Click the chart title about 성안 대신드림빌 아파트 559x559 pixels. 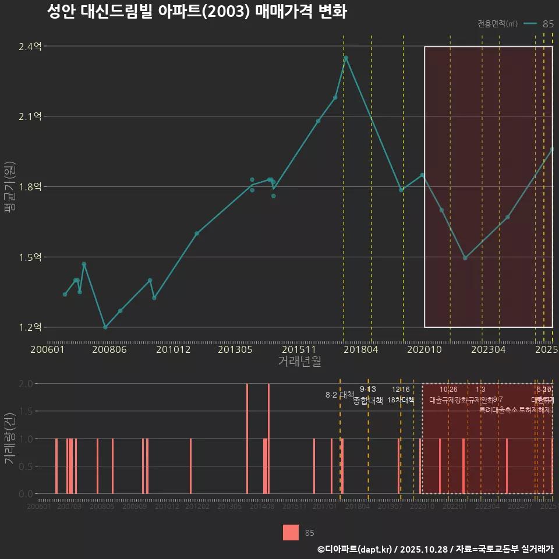(x=197, y=12)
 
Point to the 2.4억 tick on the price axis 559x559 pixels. (x=30, y=47)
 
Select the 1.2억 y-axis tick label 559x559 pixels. (x=30, y=327)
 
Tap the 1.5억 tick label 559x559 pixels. (x=30, y=257)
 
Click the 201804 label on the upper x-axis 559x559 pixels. (x=360, y=349)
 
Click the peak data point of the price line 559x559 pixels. (x=346, y=58)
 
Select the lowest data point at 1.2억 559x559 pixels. (x=105, y=327)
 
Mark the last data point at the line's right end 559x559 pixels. (x=552, y=149)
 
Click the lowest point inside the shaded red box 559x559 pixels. (x=465, y=258)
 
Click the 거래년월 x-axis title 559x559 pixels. (x=299, y=361)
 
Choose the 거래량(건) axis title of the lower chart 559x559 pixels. (x=9, y=438)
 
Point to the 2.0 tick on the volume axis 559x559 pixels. (x=26, y=384)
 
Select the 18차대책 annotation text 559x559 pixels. (x=401, y=400)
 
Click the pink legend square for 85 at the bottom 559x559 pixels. (x=291, y=532)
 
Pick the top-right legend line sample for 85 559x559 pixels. (x=530, y=24)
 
